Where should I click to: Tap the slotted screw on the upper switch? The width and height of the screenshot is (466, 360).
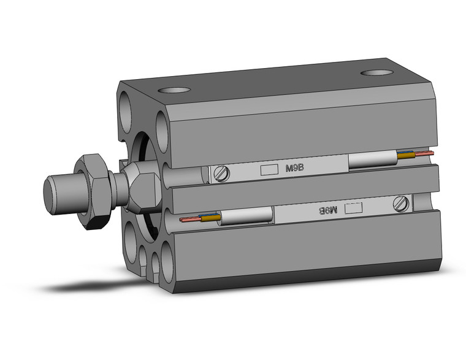click(223, 175)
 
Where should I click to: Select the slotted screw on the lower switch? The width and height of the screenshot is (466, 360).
click(402, 202)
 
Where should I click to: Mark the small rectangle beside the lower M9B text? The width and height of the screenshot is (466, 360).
click(353, 208)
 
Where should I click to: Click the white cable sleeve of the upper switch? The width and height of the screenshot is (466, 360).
click(372, 160)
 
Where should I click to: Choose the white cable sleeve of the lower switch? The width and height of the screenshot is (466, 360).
click(245, 216)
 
